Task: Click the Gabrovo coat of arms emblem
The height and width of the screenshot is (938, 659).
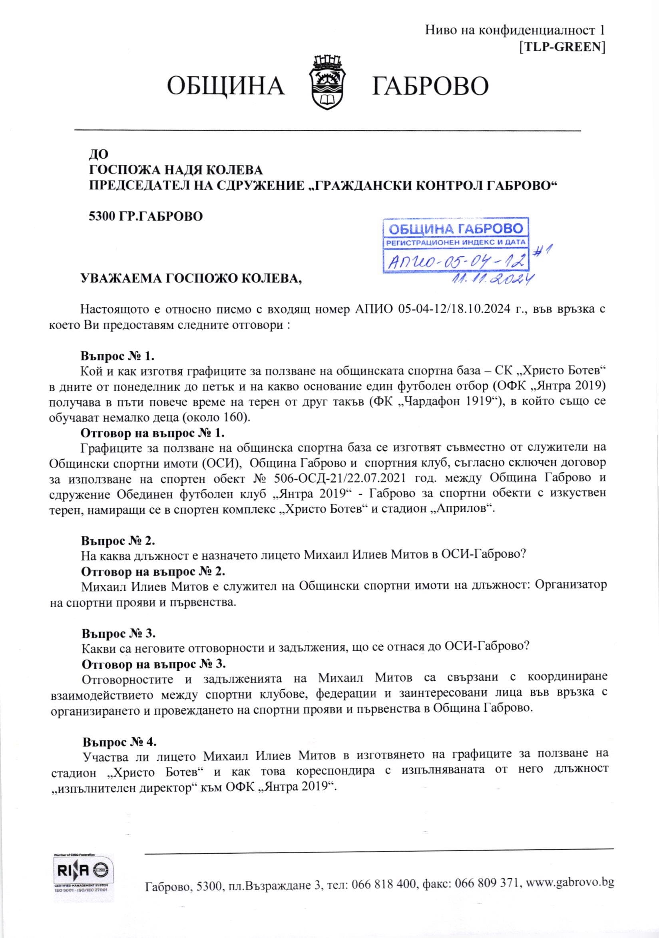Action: [328, 83]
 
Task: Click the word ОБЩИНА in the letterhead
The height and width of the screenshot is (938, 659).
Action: [226, 86]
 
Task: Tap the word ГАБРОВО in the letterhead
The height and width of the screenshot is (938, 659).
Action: [430, 86]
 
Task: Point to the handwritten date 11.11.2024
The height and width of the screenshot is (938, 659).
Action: [492, 278]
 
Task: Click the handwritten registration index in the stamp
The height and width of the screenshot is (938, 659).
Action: [455, 260]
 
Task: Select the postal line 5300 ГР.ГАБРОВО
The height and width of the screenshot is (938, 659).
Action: [145, 216]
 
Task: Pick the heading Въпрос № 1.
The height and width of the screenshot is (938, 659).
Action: [117, 356]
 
